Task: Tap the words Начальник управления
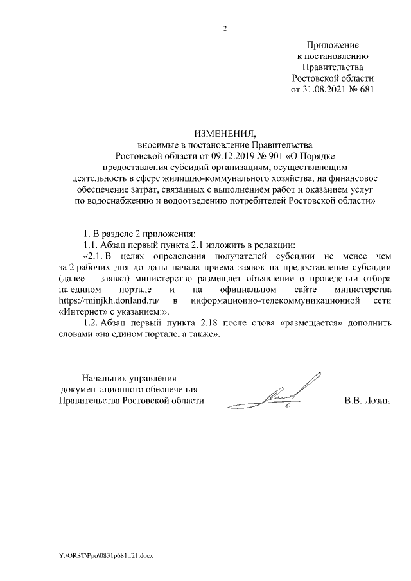click(125, 379)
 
